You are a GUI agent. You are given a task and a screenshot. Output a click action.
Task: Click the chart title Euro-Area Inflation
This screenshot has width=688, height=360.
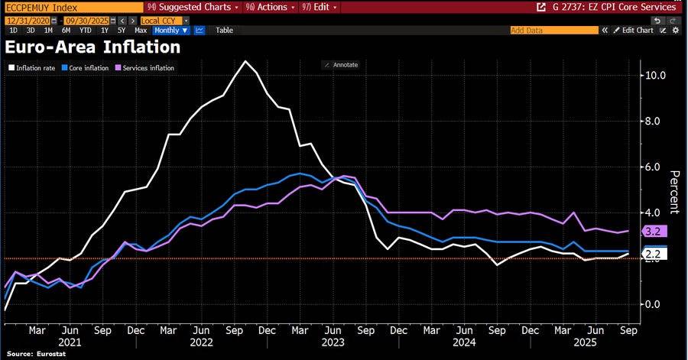tap(92, 47)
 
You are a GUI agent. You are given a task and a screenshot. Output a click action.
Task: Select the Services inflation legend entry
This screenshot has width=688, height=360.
tap(144, 68)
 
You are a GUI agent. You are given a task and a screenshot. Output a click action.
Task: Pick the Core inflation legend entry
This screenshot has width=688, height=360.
tap(85, 68)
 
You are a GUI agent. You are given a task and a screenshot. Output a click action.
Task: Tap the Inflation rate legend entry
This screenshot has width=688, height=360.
tap(32, 68)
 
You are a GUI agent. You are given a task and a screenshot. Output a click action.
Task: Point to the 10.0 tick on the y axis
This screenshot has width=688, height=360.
tap(656, 76)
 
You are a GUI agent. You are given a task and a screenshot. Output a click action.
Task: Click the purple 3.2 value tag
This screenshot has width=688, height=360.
tap(654, 231)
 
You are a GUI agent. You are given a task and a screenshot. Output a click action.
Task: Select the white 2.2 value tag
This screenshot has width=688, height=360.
tap(654, 254)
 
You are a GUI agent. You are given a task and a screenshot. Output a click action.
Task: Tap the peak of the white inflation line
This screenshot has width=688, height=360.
tap(245, 61)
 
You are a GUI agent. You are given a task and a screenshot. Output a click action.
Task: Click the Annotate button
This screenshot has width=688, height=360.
tap(341, 65)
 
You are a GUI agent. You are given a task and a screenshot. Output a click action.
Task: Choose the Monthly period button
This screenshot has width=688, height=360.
tap(170, 31)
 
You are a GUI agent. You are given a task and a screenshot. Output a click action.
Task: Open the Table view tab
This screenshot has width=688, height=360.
tap(224, 31)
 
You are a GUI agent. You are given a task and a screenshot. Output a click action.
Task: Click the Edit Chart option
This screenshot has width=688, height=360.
tap(634, 31)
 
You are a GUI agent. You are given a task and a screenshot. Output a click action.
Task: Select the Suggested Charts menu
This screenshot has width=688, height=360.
tap(193, 7)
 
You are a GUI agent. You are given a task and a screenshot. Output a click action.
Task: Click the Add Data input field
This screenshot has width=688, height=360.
tap(554, 31)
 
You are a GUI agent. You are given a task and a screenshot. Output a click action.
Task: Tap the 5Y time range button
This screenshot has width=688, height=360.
tap(122, 31)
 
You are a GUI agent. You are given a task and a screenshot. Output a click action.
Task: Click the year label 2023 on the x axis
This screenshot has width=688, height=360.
tap(333, 342)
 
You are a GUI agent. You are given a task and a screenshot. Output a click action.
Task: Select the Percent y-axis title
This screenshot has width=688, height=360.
tap(674, 193)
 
